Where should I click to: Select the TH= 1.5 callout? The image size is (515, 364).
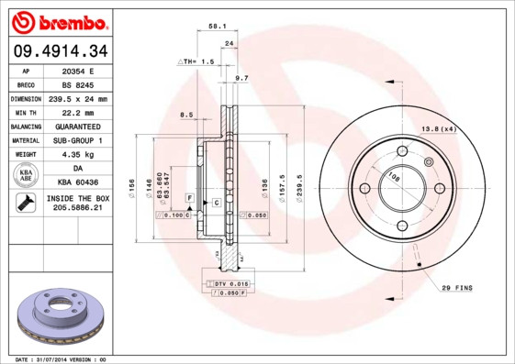click(196, 61)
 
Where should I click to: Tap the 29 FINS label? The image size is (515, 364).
click(456, 288)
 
